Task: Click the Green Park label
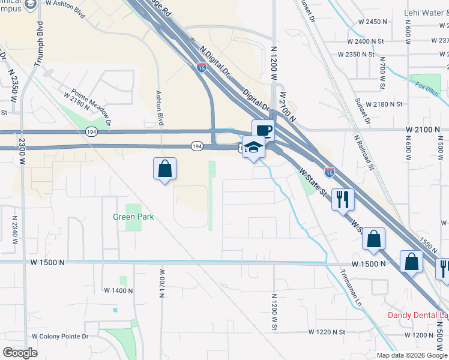click(x=133, y=217)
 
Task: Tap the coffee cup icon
click(x=263, y=130)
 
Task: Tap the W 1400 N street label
click(x=118, y=290)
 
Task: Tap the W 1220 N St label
click(x=327, y=332)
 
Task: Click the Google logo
click(x=20, y=353)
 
